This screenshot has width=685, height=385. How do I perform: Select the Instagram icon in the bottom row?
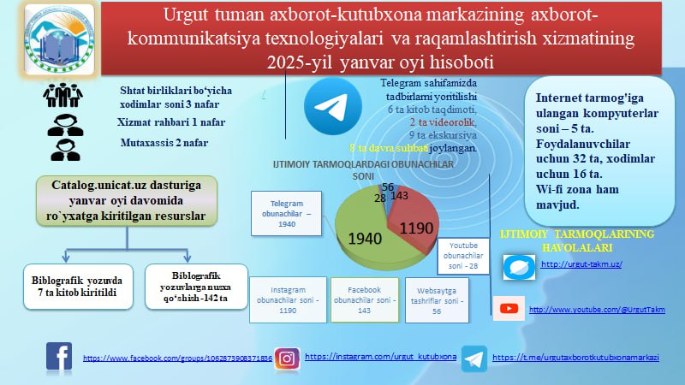(x=288, y=358)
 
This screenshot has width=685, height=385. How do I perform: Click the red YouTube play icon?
(x=511, y=308)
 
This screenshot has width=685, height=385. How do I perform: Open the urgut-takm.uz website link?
(x=581, y=265)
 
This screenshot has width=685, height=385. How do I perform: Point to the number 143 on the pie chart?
(x=398, y=197)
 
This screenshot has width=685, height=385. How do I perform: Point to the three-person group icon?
(x=64, y=97)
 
